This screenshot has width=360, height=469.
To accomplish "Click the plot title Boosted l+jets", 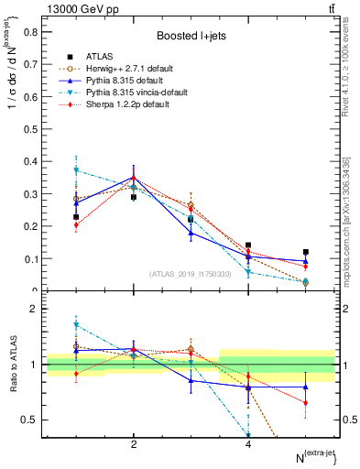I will pos(191,36).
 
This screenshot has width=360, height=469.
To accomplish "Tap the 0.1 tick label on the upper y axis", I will pos(30,259).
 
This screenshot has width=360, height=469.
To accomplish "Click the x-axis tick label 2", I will pos(134,444).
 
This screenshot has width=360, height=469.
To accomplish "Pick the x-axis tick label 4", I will pos(248,444).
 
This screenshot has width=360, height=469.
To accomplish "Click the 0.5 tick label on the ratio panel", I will pos(30,420).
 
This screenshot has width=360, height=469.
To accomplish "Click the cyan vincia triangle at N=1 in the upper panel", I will pos(76,170).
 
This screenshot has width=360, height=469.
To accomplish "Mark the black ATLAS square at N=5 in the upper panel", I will pos(306,252).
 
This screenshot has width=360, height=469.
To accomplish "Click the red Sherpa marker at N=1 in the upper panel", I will pos(76,225).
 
